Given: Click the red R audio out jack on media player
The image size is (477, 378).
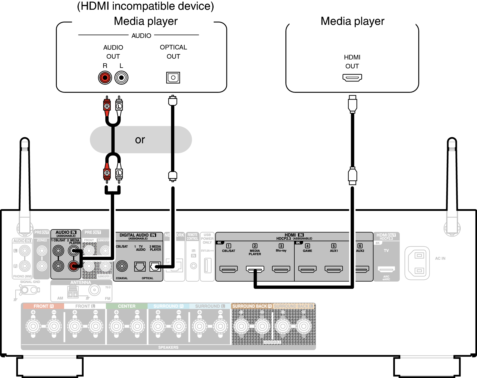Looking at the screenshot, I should pos(105,78).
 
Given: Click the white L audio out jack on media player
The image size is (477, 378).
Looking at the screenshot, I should pos(121,78).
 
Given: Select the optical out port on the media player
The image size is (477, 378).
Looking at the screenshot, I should pos(173,78).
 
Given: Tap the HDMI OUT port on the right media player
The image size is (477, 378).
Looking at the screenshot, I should pos(352,77).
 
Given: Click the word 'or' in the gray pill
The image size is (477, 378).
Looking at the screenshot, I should pos(140,140).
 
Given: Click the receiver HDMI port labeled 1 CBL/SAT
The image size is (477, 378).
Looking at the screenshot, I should pos(228,269).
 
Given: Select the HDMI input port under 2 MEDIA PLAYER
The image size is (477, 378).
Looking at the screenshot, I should pos(255,269).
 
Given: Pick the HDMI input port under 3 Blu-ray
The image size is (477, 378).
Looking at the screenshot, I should pos(281,269).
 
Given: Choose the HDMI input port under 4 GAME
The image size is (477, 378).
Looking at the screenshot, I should pos(307,269).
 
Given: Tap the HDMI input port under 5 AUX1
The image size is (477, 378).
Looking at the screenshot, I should pos(334,269).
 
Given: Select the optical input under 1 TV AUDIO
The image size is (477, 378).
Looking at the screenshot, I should pos(140,267).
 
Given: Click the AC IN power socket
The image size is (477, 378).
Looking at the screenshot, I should pos(417,263).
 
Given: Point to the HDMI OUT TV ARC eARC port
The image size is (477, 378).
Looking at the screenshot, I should pos(386,269).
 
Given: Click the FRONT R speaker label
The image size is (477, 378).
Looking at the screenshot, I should pos(43,306).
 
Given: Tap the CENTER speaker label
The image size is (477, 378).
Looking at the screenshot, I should pos(127,306).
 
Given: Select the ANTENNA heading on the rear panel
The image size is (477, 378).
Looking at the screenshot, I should pos(81,282).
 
